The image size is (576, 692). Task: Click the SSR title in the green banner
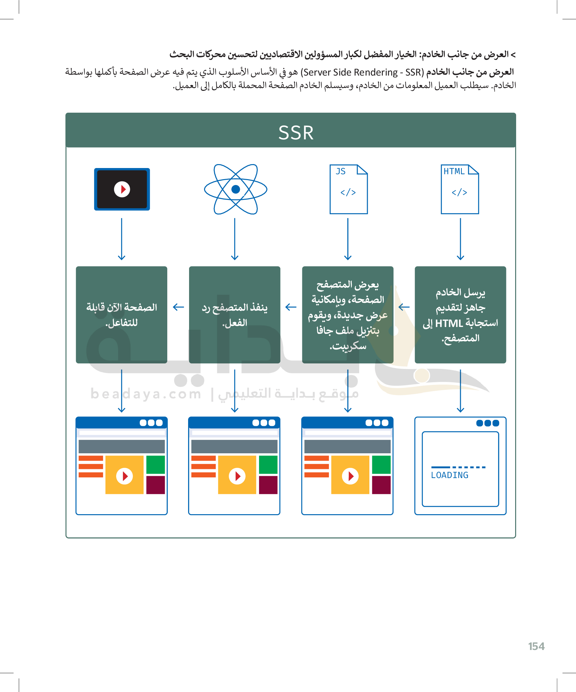296,133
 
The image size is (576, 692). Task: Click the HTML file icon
460,189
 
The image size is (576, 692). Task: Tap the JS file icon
349,189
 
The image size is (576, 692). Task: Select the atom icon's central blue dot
236,189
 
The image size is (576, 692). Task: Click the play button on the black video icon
122,190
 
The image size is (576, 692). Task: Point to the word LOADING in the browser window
449,475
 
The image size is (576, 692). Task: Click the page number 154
536,646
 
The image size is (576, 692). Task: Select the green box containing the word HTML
460,315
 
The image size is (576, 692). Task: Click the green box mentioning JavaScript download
348,315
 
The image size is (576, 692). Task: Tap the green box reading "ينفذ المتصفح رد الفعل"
235,315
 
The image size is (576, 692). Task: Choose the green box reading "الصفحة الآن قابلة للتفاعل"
121,315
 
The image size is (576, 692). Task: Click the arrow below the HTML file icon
460,239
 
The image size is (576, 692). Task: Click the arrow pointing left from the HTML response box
404,307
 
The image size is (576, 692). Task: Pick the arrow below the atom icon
235,239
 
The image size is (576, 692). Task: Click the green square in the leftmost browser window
156,465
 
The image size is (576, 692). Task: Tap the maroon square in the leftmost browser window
156,485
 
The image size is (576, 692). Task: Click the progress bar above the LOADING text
458,467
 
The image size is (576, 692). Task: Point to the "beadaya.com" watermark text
145,394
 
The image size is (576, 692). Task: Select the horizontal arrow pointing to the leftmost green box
178,307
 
